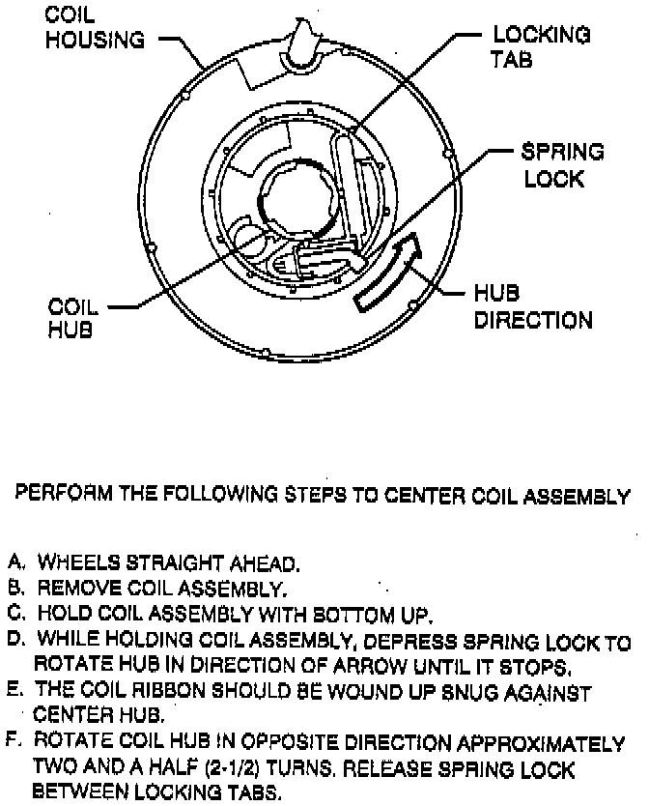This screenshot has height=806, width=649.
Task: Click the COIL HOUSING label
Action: tap(97, 29)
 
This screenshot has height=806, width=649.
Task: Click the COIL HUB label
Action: tap(73, 318)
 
